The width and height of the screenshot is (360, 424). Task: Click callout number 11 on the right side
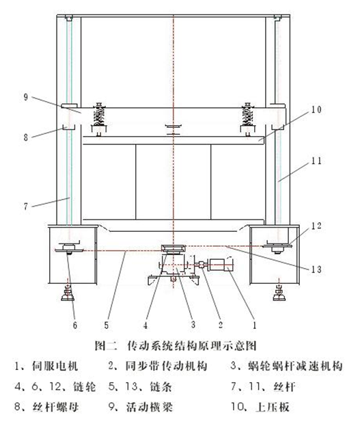(x=316, y=164)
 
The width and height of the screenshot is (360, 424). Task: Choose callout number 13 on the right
(x=316, y=269)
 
